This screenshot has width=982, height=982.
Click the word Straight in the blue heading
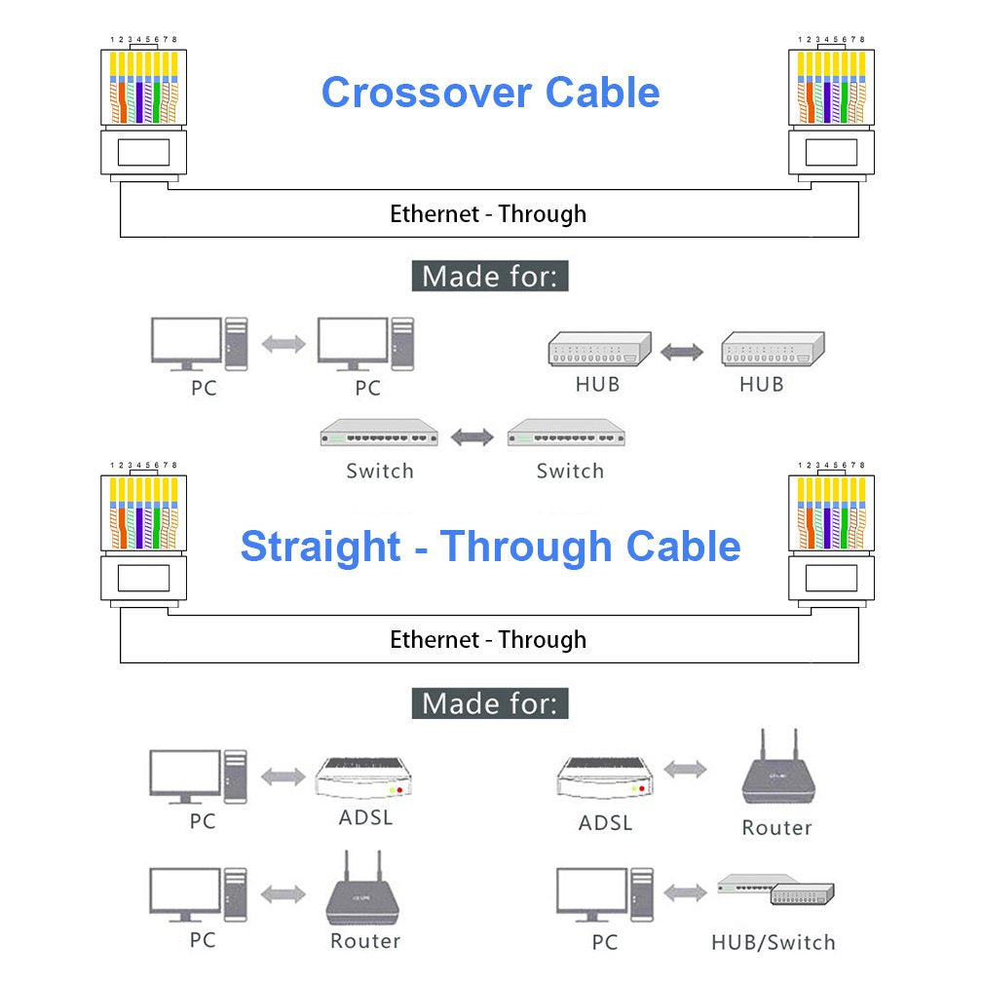tap(321, 547)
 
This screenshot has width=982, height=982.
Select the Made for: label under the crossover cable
tap(490, 277)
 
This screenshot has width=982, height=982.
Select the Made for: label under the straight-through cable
tap(490, 702)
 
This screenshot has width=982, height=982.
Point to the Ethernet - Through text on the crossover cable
tap(488, 214)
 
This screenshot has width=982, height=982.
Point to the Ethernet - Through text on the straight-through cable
tap(488, 640)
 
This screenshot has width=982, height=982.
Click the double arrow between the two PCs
tap(283, 344)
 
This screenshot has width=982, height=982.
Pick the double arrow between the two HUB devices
tap(682, 351)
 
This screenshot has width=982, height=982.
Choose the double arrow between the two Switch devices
tap(472, 438)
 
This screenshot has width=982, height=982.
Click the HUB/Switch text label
tap(773, 943)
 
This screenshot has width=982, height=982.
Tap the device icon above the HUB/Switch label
tap(776, 890)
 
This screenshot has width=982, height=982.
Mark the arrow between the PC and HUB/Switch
tap(685, 892)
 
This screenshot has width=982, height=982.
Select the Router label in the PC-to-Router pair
tap(365, 941)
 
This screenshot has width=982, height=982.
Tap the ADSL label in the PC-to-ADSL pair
tap(366, 816)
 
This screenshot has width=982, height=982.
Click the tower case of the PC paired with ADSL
tap(235, 775)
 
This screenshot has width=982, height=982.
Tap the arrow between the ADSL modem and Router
tap(685, 770)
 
